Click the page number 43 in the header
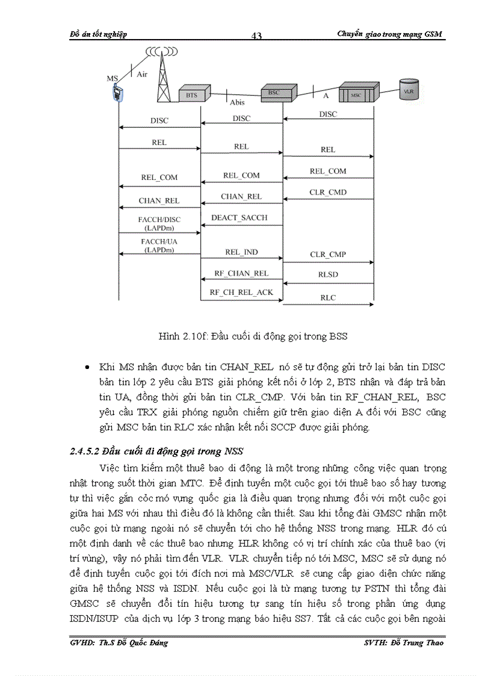[x=256, y=36]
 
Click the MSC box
[x=357, y=95]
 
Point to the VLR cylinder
[x=409, y=90]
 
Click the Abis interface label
[x=237, y=102]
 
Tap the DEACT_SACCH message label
[x=239, y=217]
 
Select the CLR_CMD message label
[x=328, y=193]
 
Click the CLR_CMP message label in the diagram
[x=328, y=255]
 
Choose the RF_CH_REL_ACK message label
[x=241, y=293]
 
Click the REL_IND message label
[x=241, y=252]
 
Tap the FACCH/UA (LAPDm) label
[x=159, y=245]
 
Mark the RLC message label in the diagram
[x=328, y=297]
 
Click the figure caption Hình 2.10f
[x=253, y=336]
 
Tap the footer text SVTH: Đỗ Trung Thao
[x=404, y=643]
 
